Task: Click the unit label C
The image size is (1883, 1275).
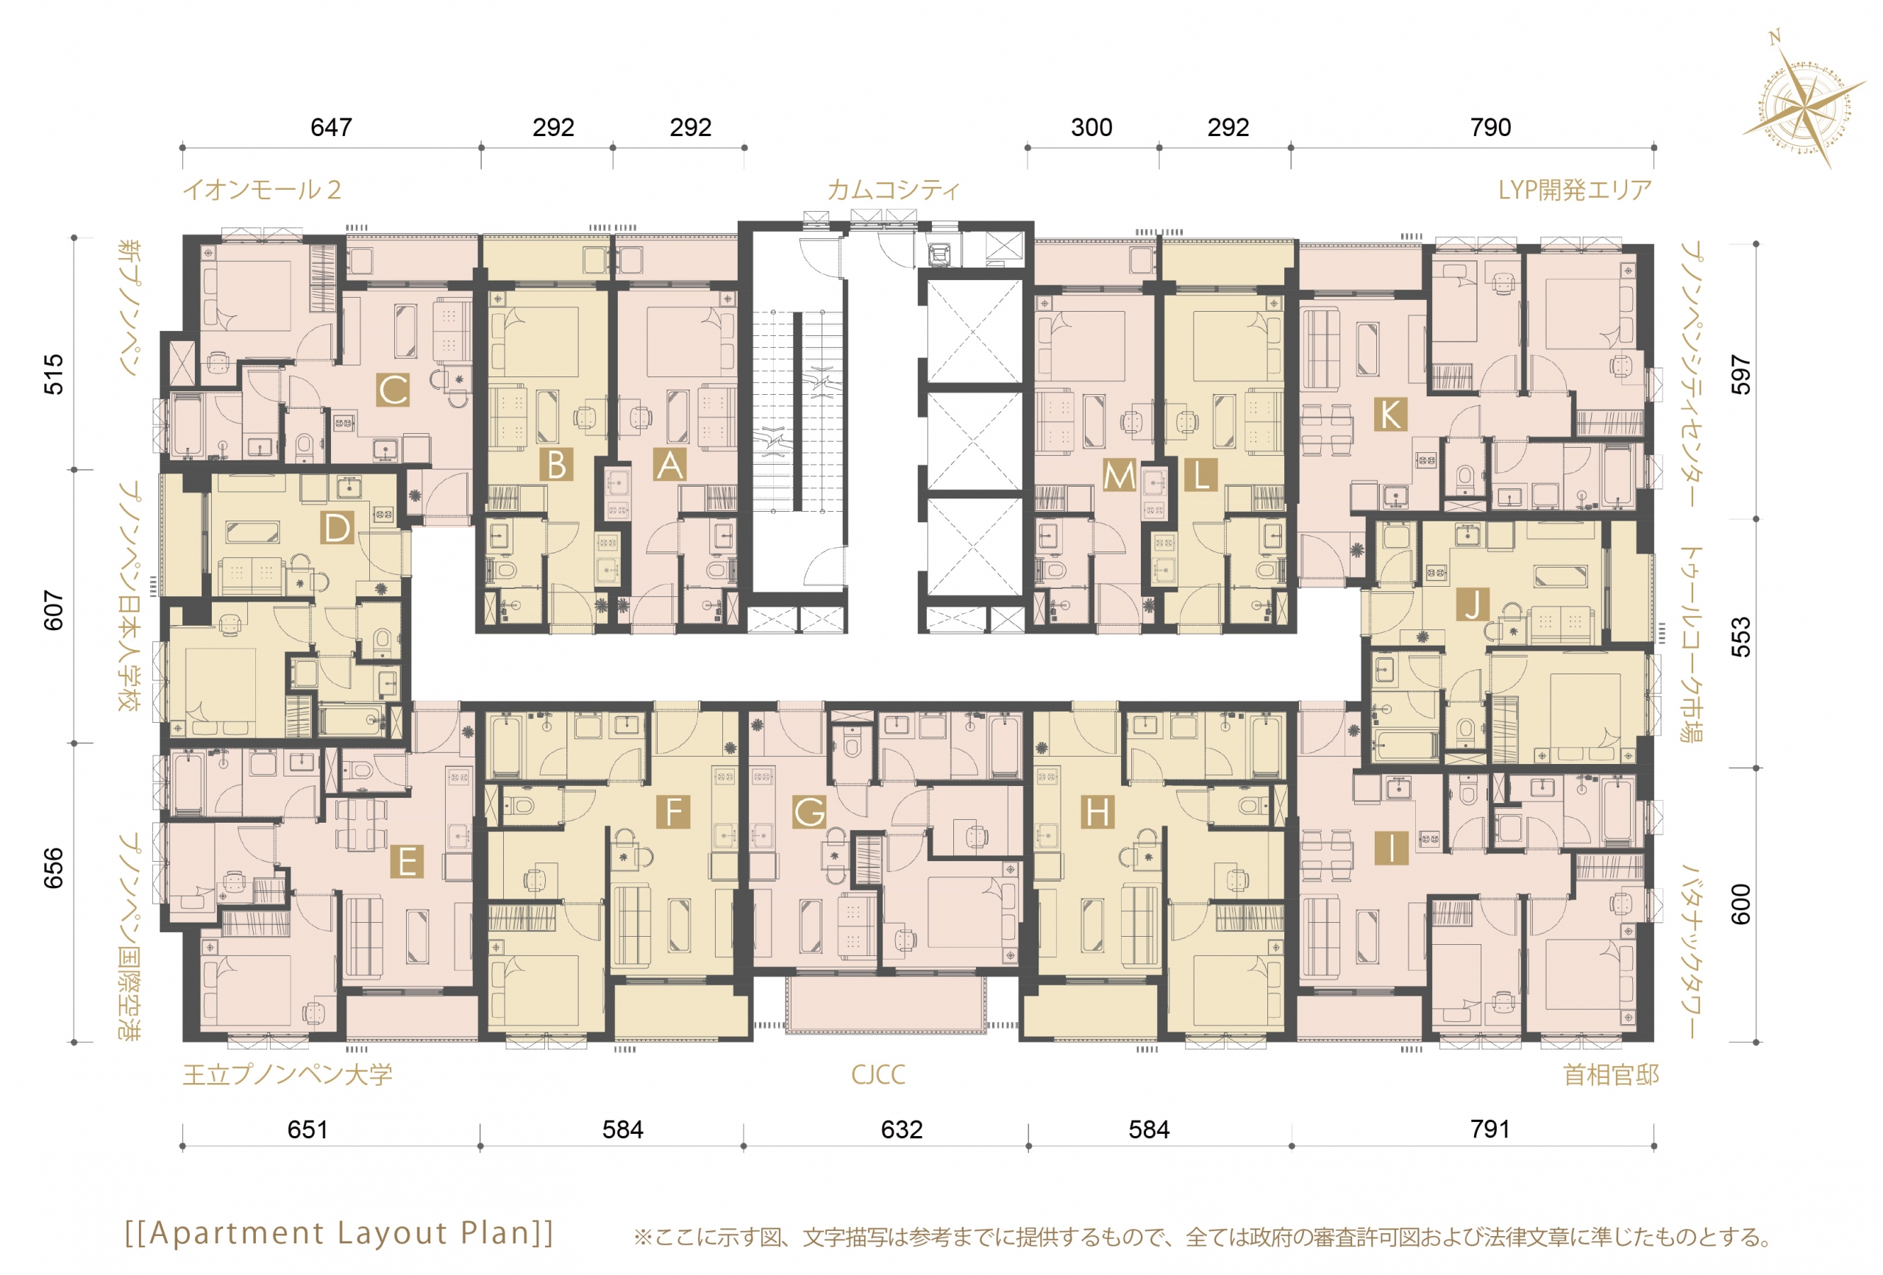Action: coord(393,390)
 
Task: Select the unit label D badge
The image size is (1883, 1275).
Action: coord(336,528)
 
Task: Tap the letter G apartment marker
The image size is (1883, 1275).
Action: coord(808,812)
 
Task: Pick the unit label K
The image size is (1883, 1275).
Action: coord(1390,415)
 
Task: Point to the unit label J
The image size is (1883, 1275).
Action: coord(1473,604)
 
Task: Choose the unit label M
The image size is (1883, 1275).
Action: coord(1119,476)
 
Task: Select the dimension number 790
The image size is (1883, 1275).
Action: coord(1490,127)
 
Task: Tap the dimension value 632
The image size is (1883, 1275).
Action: coord(901,1129)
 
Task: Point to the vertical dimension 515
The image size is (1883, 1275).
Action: coord(54,374)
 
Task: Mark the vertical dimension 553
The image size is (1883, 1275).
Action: coord(1740,637)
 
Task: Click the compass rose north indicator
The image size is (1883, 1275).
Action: coord(1774,37)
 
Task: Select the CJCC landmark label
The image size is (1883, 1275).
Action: coord(878,1075)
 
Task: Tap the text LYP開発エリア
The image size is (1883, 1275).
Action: coord(1574,190)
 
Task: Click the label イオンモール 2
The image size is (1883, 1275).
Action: coord(262,190)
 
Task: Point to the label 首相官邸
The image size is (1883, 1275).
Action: coord(1611,1075)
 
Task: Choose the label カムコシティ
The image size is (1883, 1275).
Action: coord(893,190)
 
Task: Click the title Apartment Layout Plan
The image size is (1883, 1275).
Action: coord(338,1233)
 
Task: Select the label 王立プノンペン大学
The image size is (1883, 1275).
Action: coord(288,1075)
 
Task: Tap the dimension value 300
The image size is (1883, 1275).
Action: coord(1092,127)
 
